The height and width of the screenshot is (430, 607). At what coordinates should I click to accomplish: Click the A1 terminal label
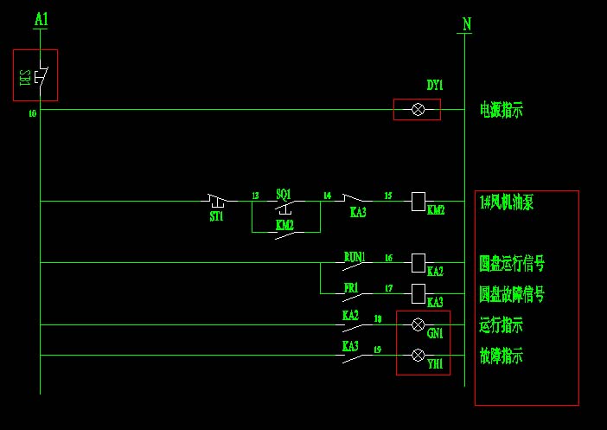click(x=40, y=17)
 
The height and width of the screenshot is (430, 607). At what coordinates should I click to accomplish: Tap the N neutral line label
click(x=467, y=24)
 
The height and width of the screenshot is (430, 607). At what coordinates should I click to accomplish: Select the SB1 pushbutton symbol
click(x=37, y=76)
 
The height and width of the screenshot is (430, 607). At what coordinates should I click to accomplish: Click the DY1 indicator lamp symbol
click(x=418, y=109)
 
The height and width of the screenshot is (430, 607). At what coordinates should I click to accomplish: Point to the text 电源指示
click(x=502, y=110)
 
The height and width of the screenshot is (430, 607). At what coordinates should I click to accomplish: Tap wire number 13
click(x=255, y=196)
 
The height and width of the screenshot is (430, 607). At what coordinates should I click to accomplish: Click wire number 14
click(x=327, y=196)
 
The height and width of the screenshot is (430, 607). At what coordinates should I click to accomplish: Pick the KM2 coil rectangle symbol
click(x=418, y=201)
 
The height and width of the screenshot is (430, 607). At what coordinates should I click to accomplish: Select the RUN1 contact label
click(x=355, y=256)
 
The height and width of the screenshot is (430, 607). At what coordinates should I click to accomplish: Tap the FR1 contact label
click(x=351, y=286)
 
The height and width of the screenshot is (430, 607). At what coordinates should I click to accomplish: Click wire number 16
click(x=388, y=258)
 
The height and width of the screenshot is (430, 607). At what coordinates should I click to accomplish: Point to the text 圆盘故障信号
click(x=512, y=294)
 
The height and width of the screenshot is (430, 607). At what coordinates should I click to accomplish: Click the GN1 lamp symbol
click(x=418, y=324)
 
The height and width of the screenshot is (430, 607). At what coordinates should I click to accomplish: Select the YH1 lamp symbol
click(x=418, y=355)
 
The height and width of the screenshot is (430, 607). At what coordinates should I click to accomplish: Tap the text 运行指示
click(x=502, y=325)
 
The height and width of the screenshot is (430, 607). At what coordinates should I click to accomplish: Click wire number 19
click(x=378, y=350)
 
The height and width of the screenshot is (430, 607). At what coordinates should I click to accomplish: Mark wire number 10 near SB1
click(x=32, y=113)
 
